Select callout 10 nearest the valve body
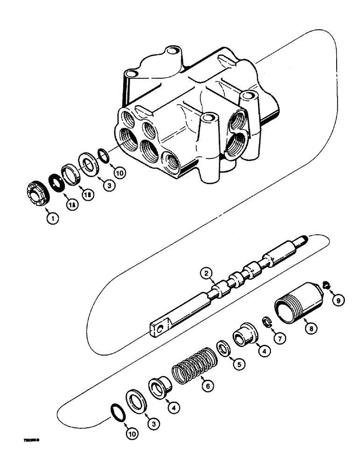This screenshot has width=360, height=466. [x=119, y=173]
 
